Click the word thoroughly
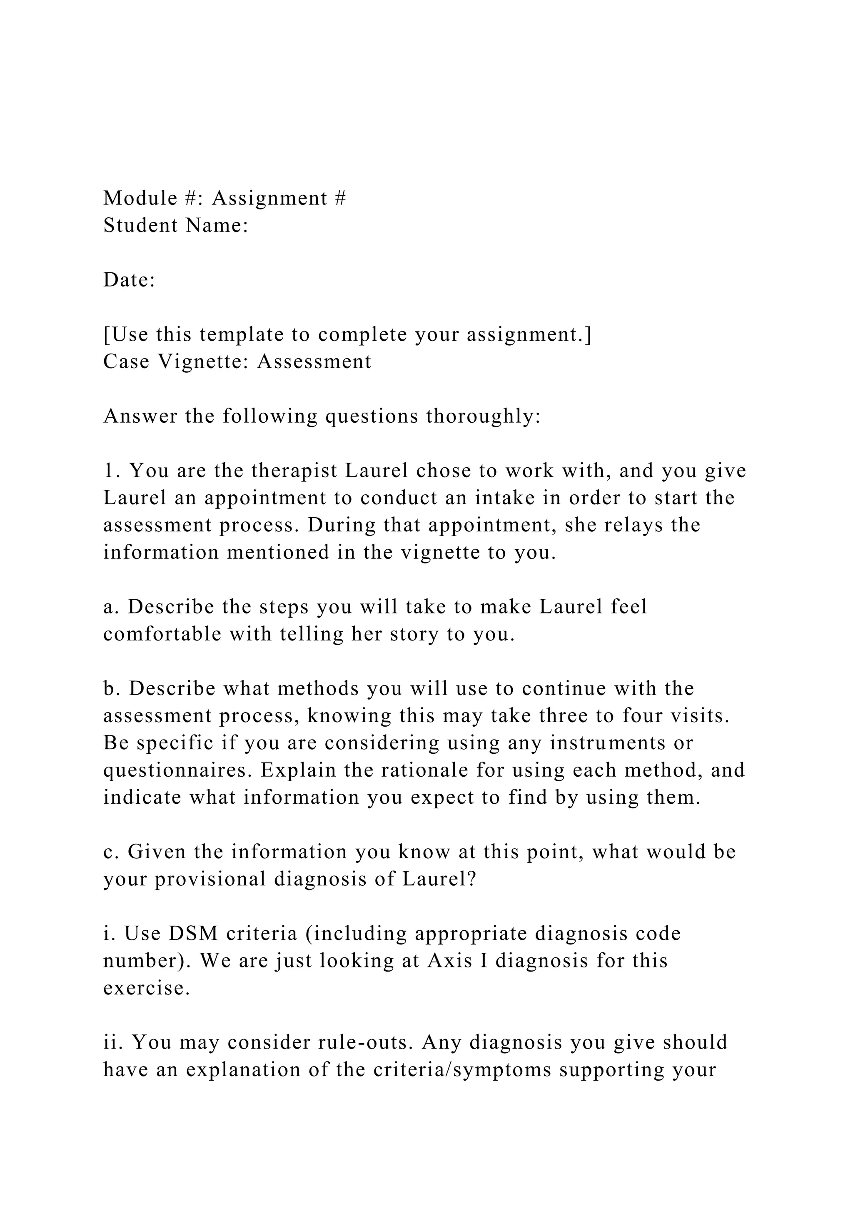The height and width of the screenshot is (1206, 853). tap(483, 416)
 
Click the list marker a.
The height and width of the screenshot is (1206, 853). tap(109, 607)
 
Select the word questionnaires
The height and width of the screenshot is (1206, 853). tap(179, 770)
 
